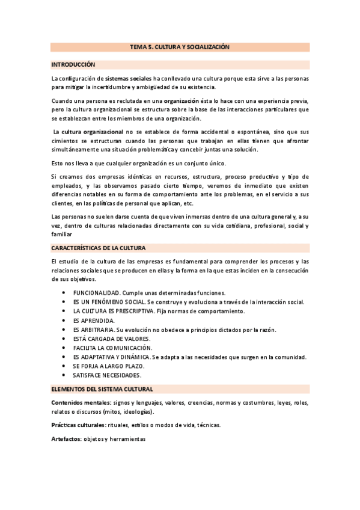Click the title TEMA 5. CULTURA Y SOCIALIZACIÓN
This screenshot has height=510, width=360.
[x=180, y=46]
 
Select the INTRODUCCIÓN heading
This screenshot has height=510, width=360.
[x=73, y=64]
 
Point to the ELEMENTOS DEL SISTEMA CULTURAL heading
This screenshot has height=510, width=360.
[x=102, y=372]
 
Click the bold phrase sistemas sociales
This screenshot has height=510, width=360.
[x=129, y=79]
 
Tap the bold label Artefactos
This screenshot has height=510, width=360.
[x=66, y=440]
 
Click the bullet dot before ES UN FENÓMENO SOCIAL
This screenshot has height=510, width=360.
[x=64, y=302]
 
